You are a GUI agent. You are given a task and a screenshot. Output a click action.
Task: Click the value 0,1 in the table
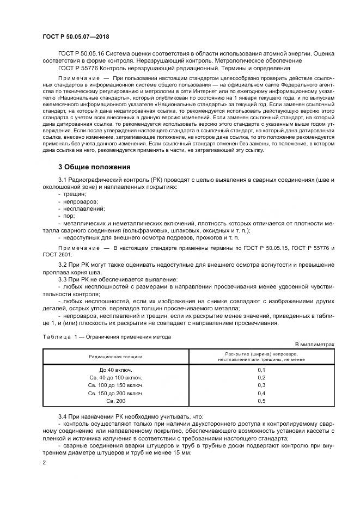[x=260, y=370]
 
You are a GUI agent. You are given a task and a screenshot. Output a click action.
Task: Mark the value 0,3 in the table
[x=260, y=385]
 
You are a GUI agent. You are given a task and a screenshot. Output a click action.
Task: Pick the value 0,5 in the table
[x=260, y=401]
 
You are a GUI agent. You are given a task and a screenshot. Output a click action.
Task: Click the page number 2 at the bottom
[x=44, y=462]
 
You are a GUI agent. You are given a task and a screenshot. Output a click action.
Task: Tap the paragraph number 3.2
[x=63, y=264]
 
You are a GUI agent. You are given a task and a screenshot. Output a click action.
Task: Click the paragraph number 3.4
[x=63, y=415]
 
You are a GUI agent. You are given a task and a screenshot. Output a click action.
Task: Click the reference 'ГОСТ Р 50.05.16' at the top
[x=81, y=54]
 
